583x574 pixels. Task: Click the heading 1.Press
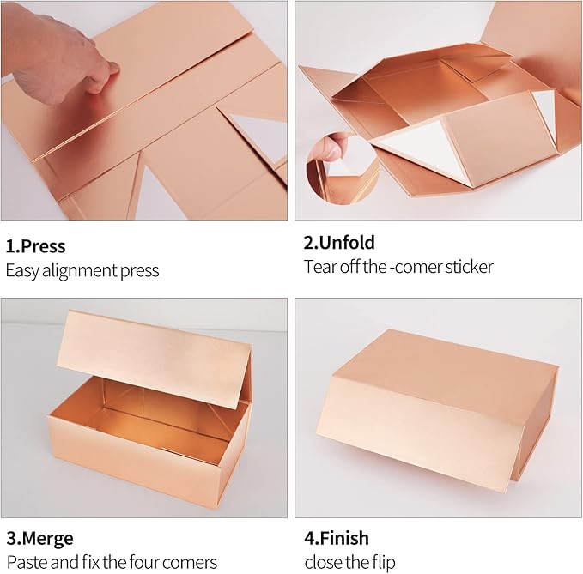tap(36, 246)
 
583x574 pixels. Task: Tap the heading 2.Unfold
tap(339, 242)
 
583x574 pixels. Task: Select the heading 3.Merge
tap(39, 538)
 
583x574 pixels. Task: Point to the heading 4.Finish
tap(337, 538)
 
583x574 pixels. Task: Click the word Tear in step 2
tap(318, 267)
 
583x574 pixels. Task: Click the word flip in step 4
tap(384, 563)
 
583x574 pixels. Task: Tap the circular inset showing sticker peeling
tap(342, 169)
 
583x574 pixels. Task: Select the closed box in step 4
tap(436, 410)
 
